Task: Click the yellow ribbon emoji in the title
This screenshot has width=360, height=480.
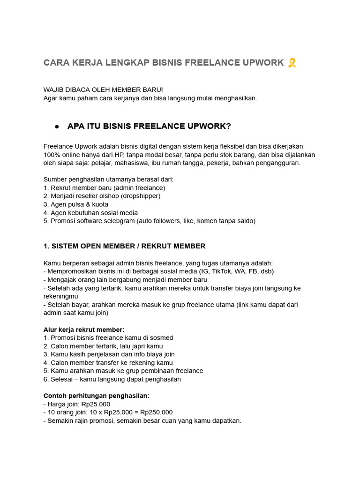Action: click(292, 63)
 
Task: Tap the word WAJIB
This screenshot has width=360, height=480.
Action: click(53, 90)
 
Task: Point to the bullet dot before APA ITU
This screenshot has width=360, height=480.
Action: click(57, 127)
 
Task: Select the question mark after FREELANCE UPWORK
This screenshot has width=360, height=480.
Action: click(229, 127)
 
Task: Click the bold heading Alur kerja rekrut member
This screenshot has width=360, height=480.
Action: click(84, 330)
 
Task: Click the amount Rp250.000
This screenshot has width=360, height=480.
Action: click(157, 412)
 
